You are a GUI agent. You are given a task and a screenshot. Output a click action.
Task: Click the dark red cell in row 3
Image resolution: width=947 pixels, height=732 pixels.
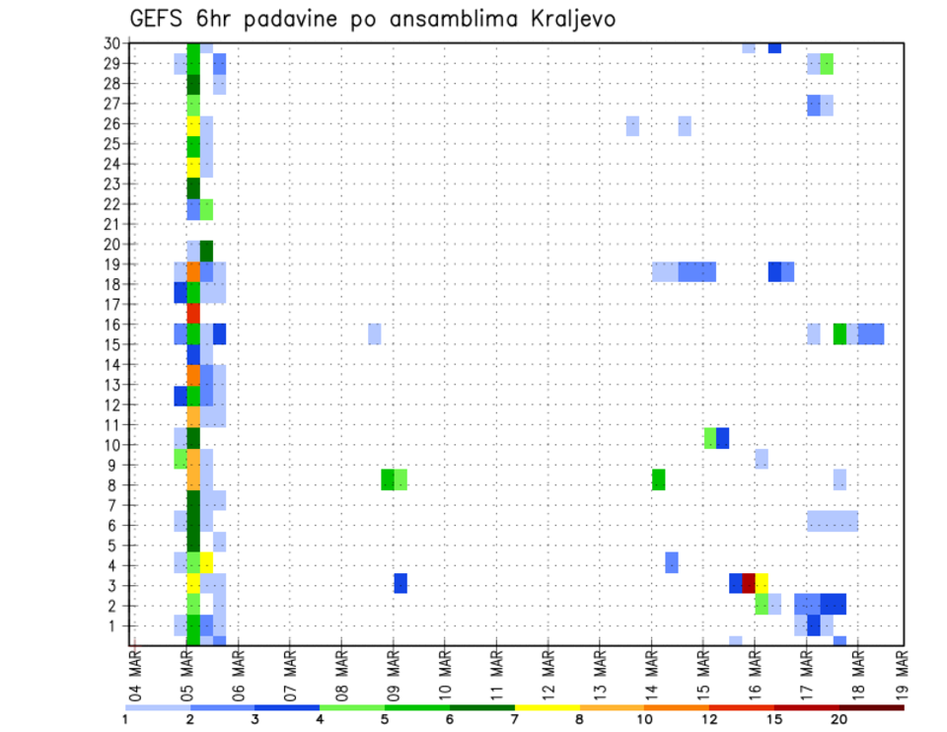point(749,583)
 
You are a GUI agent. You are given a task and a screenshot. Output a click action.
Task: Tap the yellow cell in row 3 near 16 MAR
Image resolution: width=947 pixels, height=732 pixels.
point(762,583)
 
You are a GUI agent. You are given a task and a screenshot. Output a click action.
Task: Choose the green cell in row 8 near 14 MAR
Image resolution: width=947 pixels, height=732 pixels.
point(658,479)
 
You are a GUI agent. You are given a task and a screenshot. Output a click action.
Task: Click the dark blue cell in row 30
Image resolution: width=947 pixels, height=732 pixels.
point(774,47)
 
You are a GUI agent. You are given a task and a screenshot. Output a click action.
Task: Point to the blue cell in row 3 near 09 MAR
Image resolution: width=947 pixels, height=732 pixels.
point(401,583)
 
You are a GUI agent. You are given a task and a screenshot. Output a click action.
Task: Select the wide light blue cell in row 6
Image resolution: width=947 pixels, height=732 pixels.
point(832,520)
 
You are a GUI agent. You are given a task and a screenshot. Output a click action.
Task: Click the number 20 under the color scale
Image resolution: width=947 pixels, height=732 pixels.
point(839,720)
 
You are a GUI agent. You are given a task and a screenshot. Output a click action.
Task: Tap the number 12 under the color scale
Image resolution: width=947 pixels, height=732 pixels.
point(708,720)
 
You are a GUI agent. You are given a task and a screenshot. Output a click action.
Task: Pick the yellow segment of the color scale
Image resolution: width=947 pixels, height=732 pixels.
point(546,707)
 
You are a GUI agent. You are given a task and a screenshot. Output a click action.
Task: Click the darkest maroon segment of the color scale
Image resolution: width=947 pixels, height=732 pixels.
point(871,707)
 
